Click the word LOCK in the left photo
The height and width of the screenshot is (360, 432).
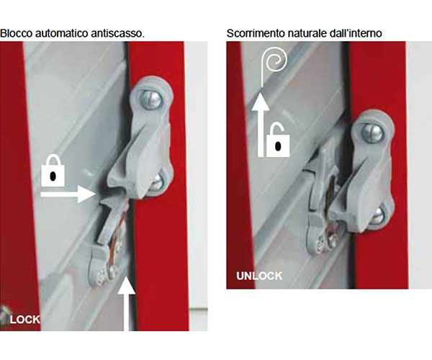[x=25, y=320]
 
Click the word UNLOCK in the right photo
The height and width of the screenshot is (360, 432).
[x=259, y=276]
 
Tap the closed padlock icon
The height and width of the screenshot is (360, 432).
[x=53, y=171]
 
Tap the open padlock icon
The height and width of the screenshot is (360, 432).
[x=278, y=140]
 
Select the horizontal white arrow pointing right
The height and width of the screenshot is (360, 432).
[x=68, y=194]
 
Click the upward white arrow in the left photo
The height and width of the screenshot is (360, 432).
[x=126, y=304]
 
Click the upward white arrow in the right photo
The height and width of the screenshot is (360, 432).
[x=261, y=125]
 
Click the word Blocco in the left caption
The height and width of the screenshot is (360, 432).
[x=17, y=33]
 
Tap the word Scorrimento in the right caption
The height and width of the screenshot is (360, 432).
[x=256, y=33]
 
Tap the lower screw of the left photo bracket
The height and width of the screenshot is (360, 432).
[x=156, y=182]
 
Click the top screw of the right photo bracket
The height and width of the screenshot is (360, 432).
[x=372, y=133]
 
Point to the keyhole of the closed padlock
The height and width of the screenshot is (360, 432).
[x=53, y=176]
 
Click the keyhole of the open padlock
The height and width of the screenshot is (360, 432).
[x=278, y=146]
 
